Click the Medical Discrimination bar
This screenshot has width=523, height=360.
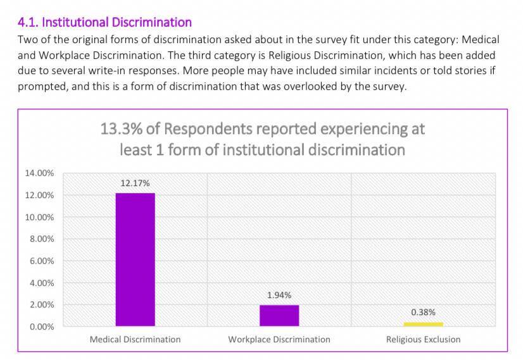point(135,259)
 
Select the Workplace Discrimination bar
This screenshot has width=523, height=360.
point(279,315)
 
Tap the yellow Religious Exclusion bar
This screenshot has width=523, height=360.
point(423,324)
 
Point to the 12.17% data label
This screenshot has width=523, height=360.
point(135,183)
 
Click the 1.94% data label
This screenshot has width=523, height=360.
point(279,295)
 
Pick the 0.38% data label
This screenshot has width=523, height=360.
point(423,312)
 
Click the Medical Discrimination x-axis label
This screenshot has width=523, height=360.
point(135,340)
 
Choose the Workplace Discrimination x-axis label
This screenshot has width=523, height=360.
point(279,340)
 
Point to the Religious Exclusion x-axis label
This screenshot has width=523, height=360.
point(423,340)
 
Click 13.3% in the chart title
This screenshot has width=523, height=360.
point(120,129)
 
